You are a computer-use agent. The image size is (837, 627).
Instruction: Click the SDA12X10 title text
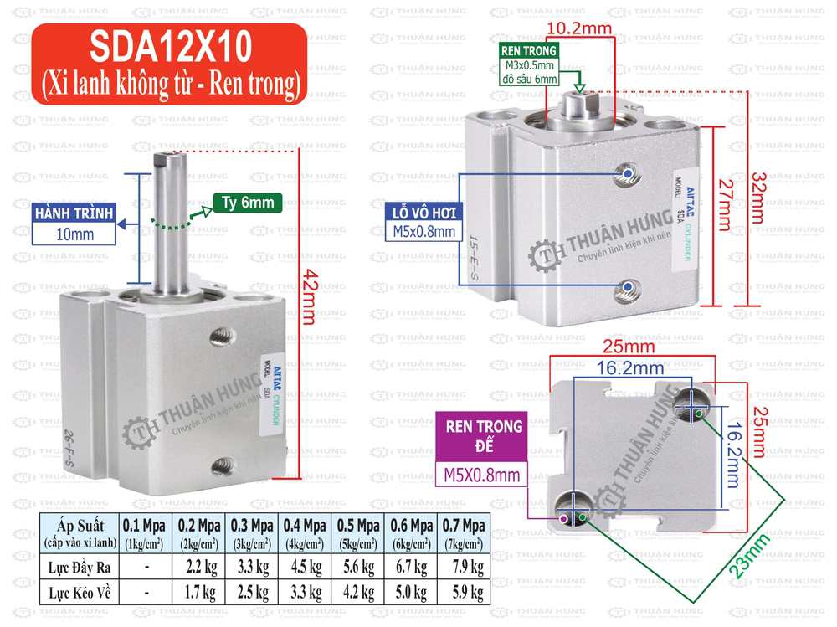pos(167,48)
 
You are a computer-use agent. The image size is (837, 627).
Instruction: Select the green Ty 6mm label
pos(249,202)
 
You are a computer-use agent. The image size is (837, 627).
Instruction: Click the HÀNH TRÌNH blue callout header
pos(74,213)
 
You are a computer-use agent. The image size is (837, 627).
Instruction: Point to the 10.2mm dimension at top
pos(579,28)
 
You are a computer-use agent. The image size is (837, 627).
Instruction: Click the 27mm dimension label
pos(727,203)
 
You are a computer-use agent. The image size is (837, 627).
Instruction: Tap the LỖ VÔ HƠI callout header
pos(425,212)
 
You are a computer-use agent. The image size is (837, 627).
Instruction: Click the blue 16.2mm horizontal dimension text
pos(630,367)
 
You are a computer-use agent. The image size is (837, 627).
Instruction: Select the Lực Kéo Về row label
pos(80,594)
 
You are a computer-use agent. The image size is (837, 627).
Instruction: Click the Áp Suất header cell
pos(80,532)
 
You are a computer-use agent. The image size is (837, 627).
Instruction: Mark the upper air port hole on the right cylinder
pos(626,173)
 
